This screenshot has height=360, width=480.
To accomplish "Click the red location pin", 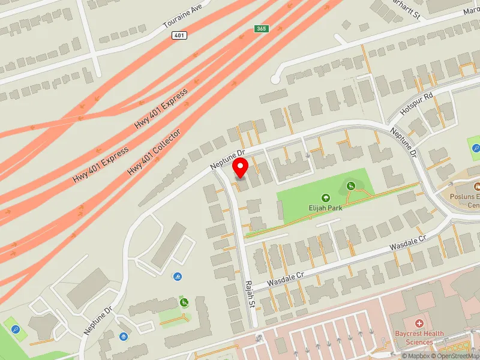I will click(241, 167).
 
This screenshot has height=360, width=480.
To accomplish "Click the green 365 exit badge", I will click(261, 28).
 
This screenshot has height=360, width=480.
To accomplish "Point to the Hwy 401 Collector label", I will click(154, 152).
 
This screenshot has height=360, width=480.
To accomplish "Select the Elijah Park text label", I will click(325, 208).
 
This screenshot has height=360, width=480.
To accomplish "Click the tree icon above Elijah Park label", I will click(325, 197).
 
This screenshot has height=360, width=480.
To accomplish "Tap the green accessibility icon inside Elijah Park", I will click(350, 186).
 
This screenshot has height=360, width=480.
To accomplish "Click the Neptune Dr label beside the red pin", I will click(229, 159).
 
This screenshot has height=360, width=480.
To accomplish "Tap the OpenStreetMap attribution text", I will click(455, 356).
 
